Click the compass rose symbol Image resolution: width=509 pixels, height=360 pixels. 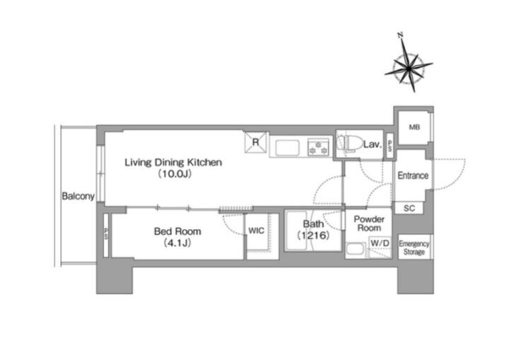pos(409,68)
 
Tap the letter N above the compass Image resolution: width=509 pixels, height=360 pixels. pos(400,35)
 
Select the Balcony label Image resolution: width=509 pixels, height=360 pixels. pos(78,196)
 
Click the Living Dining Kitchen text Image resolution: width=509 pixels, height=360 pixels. pos(173,162)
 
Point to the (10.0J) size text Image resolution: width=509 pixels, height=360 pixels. pos(175,174)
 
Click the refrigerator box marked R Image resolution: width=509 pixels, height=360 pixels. pos(256,142)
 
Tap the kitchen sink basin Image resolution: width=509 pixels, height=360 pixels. pos(287,149)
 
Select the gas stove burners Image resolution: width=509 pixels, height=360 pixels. pos(318,147)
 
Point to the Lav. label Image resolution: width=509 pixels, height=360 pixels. pos(372,144)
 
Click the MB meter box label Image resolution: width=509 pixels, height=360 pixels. pos(414,127)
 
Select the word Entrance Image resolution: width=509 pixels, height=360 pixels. pos(413,175)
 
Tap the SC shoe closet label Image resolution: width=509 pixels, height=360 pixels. pos(409,208)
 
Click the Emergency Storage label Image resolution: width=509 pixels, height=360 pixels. pos(414,248)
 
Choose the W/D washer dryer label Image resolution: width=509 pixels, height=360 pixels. pos(380,243)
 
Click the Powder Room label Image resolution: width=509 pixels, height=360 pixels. pos(369,223)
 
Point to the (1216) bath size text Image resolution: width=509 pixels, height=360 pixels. pos(313,236)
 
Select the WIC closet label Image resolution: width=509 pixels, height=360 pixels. pos(256,231)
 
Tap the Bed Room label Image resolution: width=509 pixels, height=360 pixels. pos(177,231)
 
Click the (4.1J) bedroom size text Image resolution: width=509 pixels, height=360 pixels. pos(177,243)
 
